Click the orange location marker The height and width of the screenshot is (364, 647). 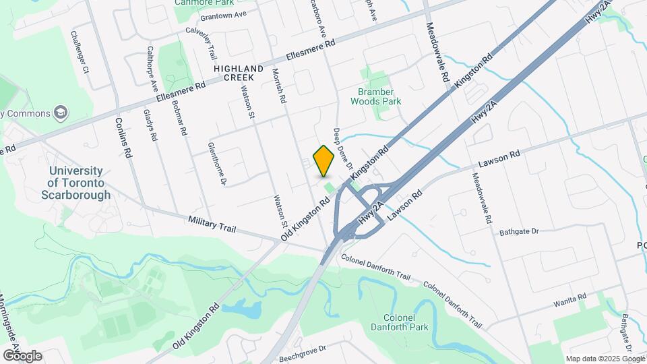[324, 160]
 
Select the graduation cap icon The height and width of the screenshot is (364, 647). [61, 111]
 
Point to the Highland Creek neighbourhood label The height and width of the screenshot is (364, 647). [239, 73]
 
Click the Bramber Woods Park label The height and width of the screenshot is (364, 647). [375, 96]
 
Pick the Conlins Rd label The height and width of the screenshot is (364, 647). [123, 138]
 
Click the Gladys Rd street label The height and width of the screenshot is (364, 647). [150, 125]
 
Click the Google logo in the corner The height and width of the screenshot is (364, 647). [22, 355]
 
